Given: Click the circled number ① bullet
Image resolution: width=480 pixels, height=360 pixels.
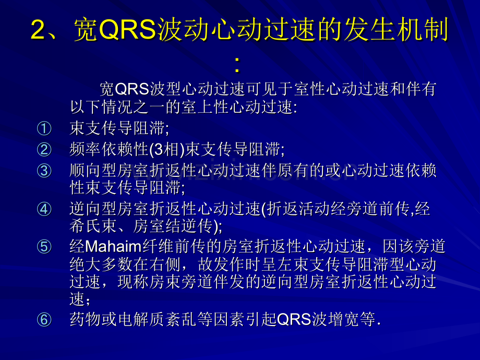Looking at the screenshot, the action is pyautogui.click(x=44, y=128).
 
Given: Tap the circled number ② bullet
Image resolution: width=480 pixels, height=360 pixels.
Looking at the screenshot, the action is pyautogui.click(x=44, y=150).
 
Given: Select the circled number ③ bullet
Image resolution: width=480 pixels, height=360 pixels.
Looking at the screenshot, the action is pyautogui.click(x=44, y=171).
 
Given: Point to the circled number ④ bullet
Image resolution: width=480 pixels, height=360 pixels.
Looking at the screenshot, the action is pyautogui.click(x=44, y=209).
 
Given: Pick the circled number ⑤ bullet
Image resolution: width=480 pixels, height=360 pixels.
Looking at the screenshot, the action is pyautogui.click(x=44, y=247).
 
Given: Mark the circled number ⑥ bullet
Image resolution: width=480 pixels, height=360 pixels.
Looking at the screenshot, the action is pyautogui.click(x=44, y=320).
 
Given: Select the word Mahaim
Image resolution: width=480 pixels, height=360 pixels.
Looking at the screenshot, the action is pyautogui.click(x=113, y=247).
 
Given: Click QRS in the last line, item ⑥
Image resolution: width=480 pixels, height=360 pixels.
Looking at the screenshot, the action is pyautogui.click(x=294, y=320).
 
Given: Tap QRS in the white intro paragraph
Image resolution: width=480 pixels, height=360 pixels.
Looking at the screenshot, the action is pyautogui.click(x=132, y=89).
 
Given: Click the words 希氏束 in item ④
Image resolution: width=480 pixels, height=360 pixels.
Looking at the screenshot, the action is pyautogui.click(x=93, y=226).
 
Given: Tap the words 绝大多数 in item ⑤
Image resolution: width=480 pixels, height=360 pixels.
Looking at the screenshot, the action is pyautogui.click(x=101, y=265).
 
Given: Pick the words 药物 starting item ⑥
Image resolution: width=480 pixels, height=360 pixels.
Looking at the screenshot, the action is pyautogui.click(x=86, y=320).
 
